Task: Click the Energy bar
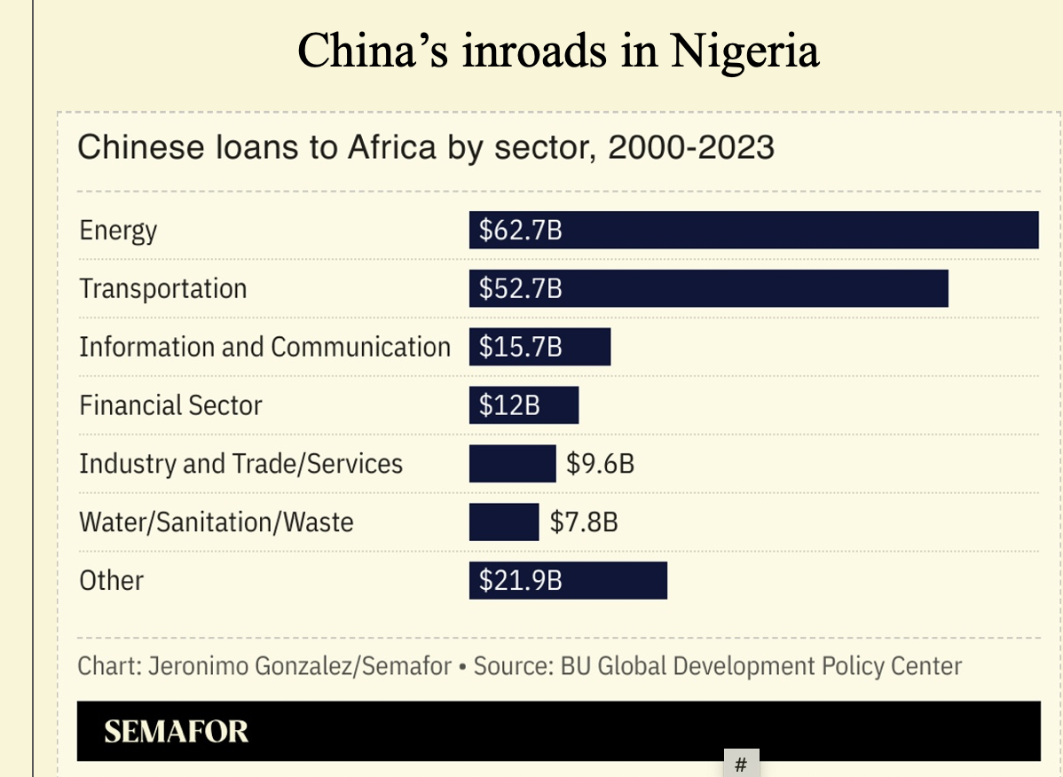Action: coord(754,231)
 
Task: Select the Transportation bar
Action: coord(710,289)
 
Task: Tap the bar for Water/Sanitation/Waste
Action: coord(504,522)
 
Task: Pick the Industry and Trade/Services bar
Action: coord(512,463)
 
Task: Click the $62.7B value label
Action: coord(521,231)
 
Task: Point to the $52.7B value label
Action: coord(521,289)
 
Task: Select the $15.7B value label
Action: coord(521,347)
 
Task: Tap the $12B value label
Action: coord(509,405)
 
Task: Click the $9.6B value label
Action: coord(600,463)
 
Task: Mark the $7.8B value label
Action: coord(584,522)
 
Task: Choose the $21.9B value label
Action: coord(521,580)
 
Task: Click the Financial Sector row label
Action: coord(170,405)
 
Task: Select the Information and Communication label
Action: coord(264,347)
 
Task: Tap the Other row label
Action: coord(111,580)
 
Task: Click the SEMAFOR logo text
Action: coord(176,732)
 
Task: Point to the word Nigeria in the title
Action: coord(744,51)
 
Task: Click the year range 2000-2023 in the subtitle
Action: coord(690,147)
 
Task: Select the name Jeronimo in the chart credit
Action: coord(198,665)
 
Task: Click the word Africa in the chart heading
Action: coord(391,147)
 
